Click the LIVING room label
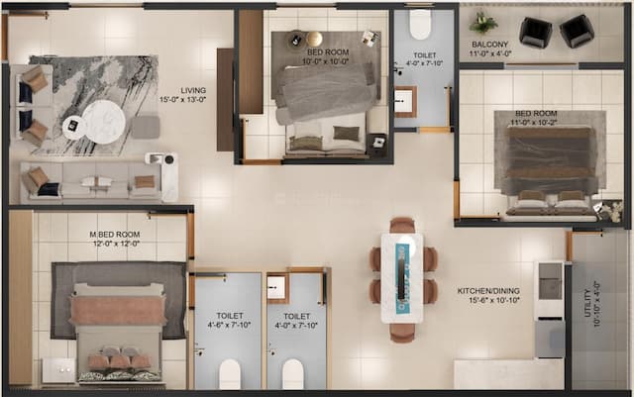179,89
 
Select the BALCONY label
490,45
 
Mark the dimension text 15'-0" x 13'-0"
179,100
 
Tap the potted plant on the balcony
483,22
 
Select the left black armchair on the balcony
536,32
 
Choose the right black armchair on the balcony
576,31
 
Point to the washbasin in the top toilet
405,100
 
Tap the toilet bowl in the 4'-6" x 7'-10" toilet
230,373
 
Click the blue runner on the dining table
401,273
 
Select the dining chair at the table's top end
401,226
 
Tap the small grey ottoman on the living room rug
146,126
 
